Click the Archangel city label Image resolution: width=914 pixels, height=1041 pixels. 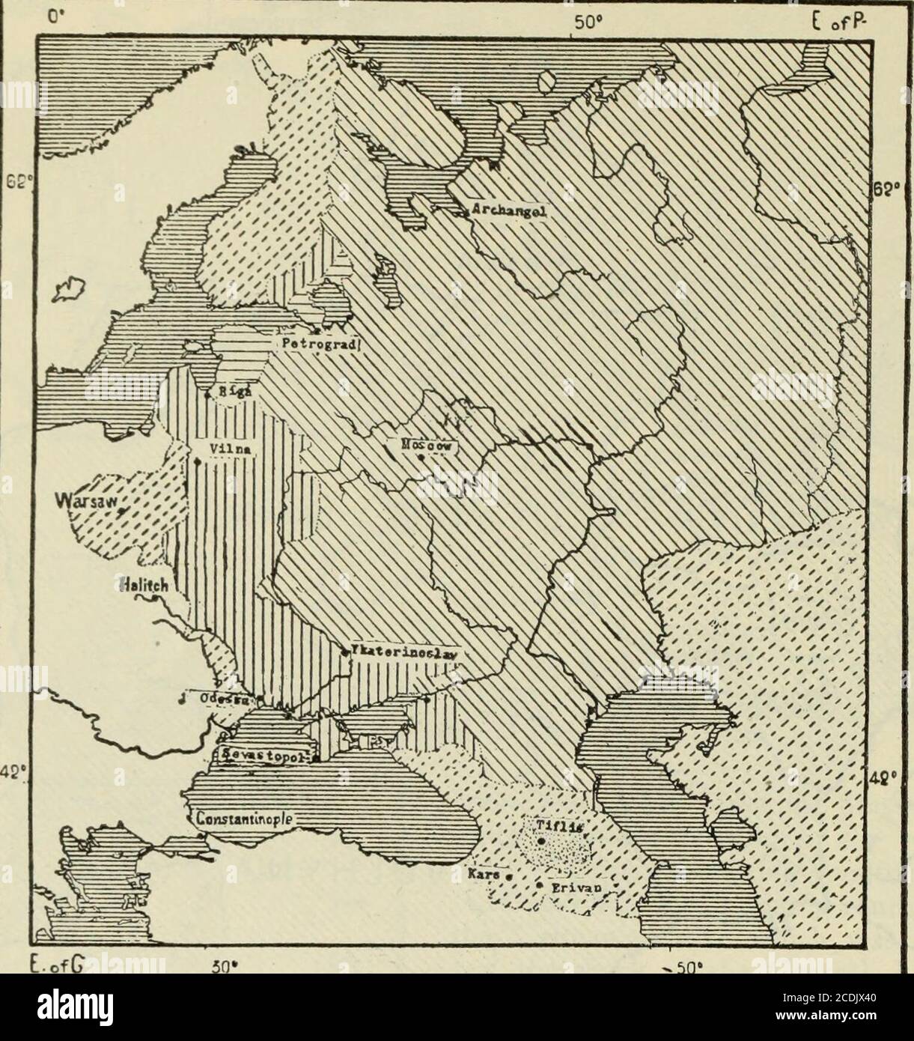508,211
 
